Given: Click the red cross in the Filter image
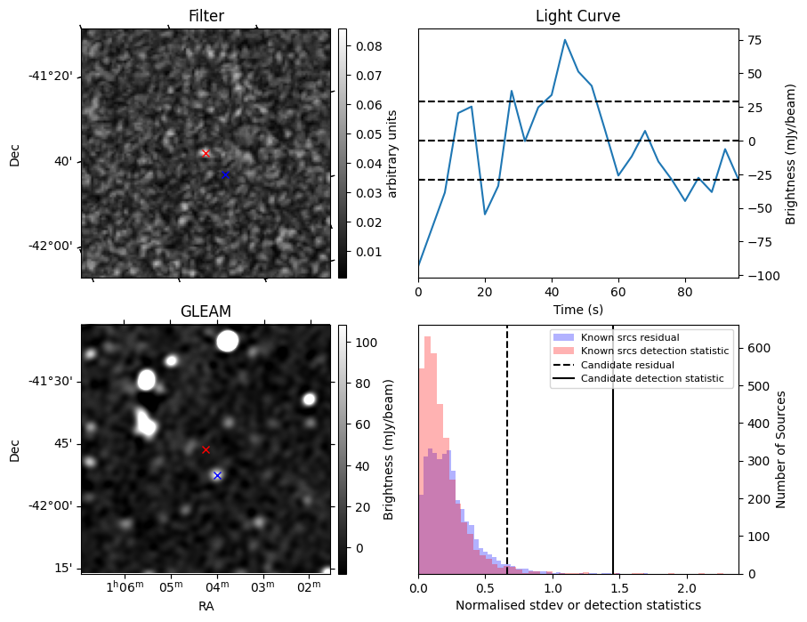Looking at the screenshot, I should tap(206, 153).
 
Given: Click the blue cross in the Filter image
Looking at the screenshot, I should tap(226, 174).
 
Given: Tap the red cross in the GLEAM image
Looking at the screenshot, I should tap(206, 449).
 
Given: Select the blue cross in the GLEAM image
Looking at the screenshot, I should tap(217, 475).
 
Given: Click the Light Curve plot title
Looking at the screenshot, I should tap(577, 16).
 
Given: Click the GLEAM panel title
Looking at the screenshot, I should tap(206, 311).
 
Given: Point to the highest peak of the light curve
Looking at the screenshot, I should tap(564, 39).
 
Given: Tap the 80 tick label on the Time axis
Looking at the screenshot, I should tap(684, 291).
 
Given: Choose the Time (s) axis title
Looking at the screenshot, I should tap(577, 309).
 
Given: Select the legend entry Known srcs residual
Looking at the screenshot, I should tap(630, 337).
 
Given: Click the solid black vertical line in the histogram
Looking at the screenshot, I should tap(613, 445).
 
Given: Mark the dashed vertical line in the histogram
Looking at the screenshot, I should tap(507, 445).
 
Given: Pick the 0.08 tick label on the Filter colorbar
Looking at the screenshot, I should tap(362, 46).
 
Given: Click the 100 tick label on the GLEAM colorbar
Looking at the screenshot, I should tap(362, 343).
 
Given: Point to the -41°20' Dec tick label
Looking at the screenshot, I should tap(51, 77).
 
